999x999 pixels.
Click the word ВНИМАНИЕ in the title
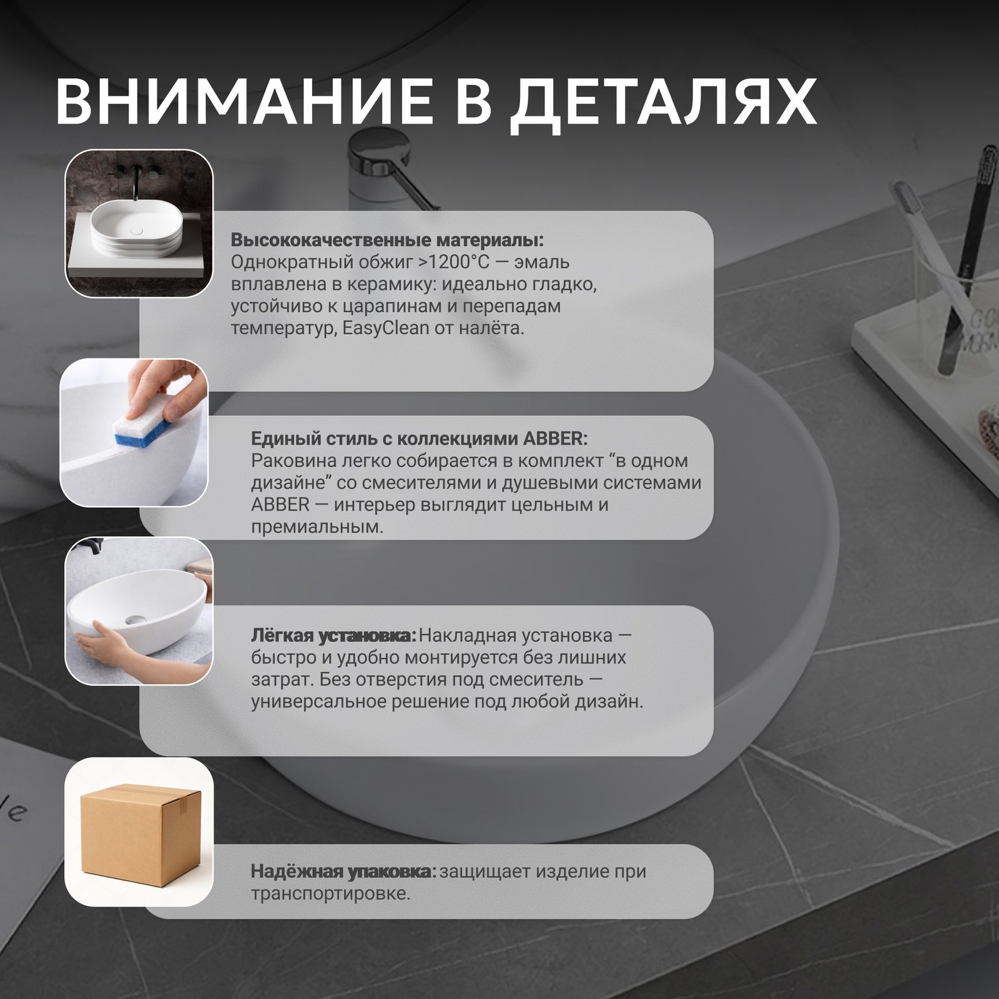point(244,102)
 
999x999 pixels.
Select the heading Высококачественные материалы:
point(387,240)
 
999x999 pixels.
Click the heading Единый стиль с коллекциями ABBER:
point(419,438)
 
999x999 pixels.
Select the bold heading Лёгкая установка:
point(333,636)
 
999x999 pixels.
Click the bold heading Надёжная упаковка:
point(343,871)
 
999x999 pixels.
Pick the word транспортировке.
point(330,893)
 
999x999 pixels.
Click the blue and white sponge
point(142,431)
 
